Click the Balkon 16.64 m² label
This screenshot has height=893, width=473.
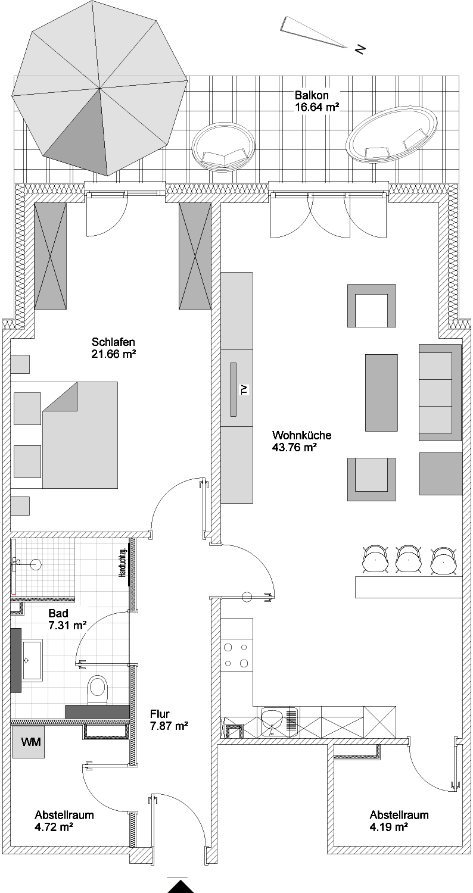point(317,101)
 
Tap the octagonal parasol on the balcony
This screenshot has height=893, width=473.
point(99,88)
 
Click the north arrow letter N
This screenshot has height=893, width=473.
point(360,49)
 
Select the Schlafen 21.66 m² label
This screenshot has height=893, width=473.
point(114,348)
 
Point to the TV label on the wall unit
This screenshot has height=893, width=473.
point(244,389)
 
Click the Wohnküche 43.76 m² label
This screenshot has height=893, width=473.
point(301,441)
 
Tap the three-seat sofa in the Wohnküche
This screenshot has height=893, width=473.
point(440,392)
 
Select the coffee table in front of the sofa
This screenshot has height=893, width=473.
point(381,393)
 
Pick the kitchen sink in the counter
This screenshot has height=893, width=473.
point(279,722)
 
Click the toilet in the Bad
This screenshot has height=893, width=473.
point(98,688)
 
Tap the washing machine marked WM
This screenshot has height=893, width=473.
point(28,742)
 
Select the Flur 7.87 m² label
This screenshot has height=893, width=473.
point(169,720)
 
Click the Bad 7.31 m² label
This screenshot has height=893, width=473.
point(67,619)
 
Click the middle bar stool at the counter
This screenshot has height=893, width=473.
point(409,560)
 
